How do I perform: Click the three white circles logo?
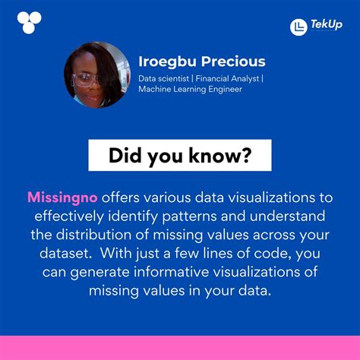coord(29,22)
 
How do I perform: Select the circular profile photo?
coord(96,74)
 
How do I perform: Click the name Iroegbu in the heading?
coord(166,62)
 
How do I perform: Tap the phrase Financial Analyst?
coord(227,77)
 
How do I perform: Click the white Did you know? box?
coord(179,156)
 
